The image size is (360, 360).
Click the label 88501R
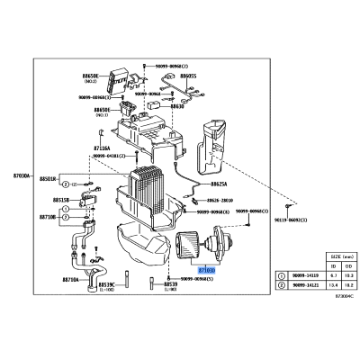pos(49,180)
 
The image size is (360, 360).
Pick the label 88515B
pos(49,200)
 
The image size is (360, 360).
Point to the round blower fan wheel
pos(193,244)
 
